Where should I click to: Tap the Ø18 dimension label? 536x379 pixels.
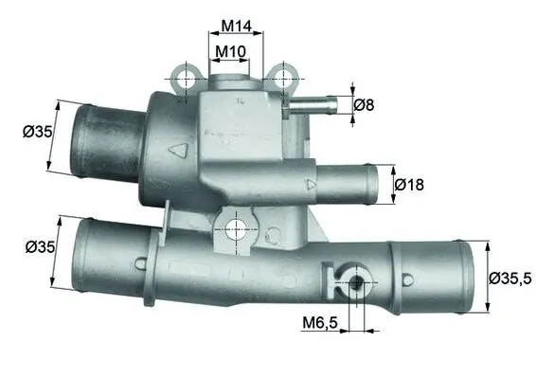click(x=409, y=185)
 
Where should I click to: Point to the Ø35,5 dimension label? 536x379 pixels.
click(x=512, y=279)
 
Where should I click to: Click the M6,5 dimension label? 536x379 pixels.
click(x=319, y=324)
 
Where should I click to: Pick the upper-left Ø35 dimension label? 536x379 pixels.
click(x=36, y=132)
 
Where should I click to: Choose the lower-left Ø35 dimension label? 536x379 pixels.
click(x=40, y=247)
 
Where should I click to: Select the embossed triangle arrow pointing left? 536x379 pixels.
click(x=177, y=149)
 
